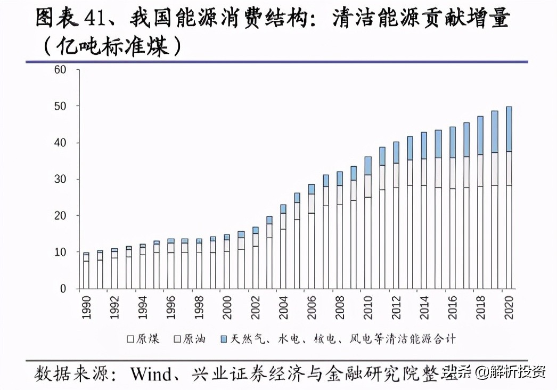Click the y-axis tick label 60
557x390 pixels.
tap(60, 70)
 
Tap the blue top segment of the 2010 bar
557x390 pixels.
tap(368, 166)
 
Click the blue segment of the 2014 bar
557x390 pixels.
tap(424, 145)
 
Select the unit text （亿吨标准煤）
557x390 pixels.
tap(111, 46)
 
